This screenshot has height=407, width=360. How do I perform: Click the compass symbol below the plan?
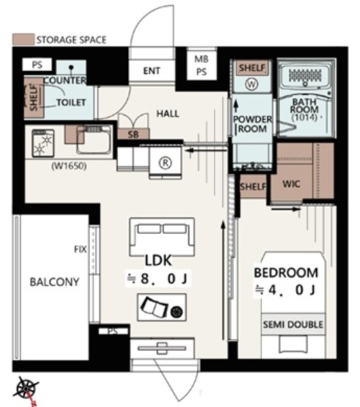(26, 389)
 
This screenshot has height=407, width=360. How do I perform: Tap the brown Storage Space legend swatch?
(24, 39)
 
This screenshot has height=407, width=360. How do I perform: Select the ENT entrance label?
(151, 71)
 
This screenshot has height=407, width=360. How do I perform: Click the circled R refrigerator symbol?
(165, 163)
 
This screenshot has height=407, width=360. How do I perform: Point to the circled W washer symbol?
(251, 84)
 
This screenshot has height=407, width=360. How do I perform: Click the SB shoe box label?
(134, 134)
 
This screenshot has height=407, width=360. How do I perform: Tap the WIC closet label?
(291, 184)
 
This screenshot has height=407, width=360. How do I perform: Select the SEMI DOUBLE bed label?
(293, 324)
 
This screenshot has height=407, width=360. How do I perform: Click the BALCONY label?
(55, 282)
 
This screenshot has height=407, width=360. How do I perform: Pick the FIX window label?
(80, 249)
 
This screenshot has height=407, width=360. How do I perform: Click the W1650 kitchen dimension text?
(69, 165)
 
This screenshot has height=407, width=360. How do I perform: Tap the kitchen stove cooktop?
(43, 144)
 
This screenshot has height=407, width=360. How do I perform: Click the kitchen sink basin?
(93, 141)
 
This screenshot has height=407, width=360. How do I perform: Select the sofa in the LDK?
(162, 237)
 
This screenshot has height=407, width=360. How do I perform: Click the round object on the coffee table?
(177, 312)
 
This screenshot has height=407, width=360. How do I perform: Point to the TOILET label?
(71, 103)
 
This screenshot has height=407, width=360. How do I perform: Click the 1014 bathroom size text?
(304, 117)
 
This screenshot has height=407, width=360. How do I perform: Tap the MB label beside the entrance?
(202, 59)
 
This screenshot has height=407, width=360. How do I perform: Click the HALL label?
(168, 114)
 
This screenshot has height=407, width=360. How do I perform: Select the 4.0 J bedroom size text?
(285, 290)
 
